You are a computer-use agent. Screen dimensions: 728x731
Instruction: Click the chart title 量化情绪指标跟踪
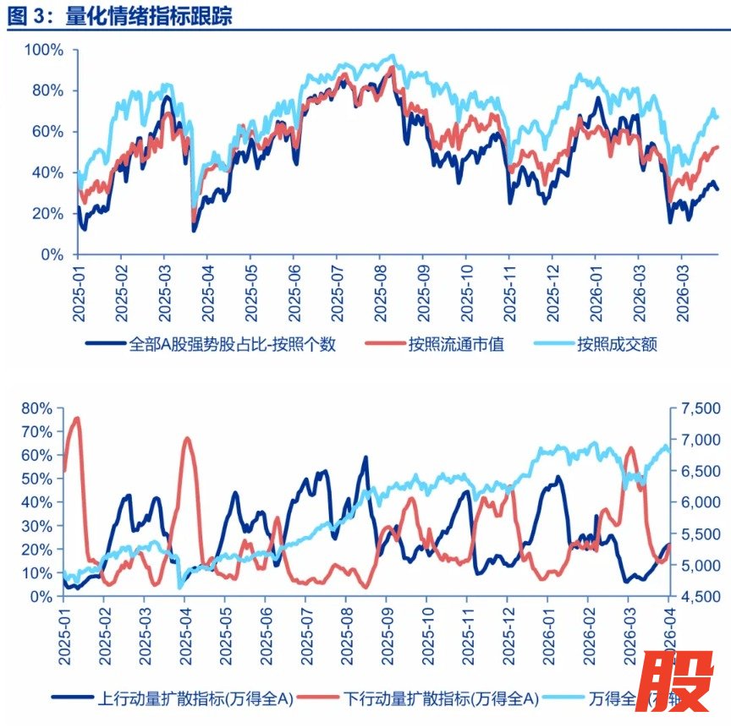click(x=149, y=14)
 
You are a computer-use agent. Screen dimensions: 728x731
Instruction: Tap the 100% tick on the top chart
click(x=41, y=50)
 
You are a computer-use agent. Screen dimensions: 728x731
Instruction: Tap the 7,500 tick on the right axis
click(x=699, y=408)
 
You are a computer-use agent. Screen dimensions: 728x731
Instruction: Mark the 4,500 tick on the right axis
click(x=699, y=597)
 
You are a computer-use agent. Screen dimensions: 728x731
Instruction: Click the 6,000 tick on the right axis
click(x=699, y=502)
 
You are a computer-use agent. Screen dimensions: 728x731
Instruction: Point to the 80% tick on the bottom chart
click(x=36, y=408)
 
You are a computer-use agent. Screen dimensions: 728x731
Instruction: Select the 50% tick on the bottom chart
click(x=36, y=479)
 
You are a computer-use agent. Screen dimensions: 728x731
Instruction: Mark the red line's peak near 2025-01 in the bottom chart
click(x=78, y=418)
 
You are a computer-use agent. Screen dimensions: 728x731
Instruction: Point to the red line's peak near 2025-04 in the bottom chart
click(x=188, y=438)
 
